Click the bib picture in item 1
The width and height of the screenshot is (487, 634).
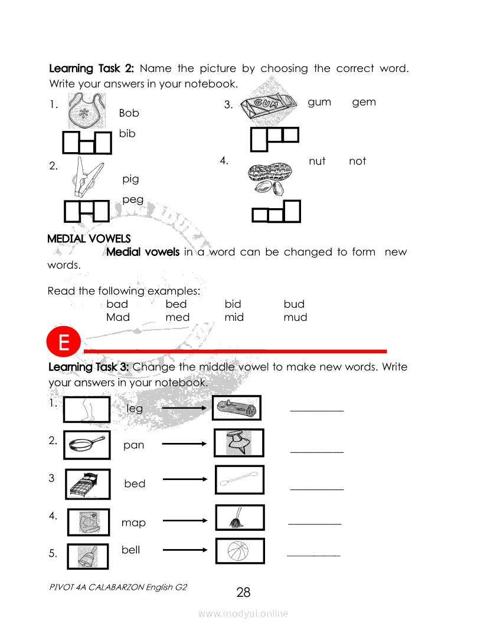point(86,111)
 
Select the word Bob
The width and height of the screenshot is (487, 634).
point(129,113)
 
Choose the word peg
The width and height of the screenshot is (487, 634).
point(133,199)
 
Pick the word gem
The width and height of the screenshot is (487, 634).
point(364,102)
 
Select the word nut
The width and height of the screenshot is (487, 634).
point(317,161)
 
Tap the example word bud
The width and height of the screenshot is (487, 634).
point(294,304)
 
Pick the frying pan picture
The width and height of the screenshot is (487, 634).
point(87,445)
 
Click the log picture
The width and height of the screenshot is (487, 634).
point(236,408)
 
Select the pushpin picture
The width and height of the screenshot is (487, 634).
point(239,443)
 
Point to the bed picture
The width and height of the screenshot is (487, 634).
point(87,484)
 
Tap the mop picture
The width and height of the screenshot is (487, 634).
point(239,518)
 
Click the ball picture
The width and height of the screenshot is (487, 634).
point(239,551)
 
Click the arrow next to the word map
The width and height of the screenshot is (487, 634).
point(185,521)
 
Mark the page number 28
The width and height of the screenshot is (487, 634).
point(243,593)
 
